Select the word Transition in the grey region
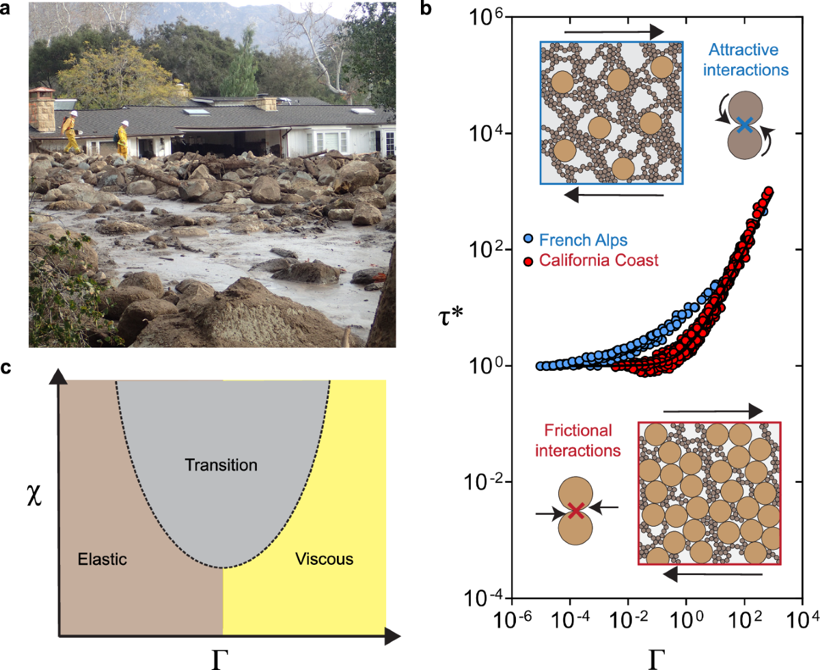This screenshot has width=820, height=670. [x=221, y=466]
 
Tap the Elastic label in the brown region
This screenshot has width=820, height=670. [x=102, y=559]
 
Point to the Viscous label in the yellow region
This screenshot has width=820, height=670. [x=324, y=559]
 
